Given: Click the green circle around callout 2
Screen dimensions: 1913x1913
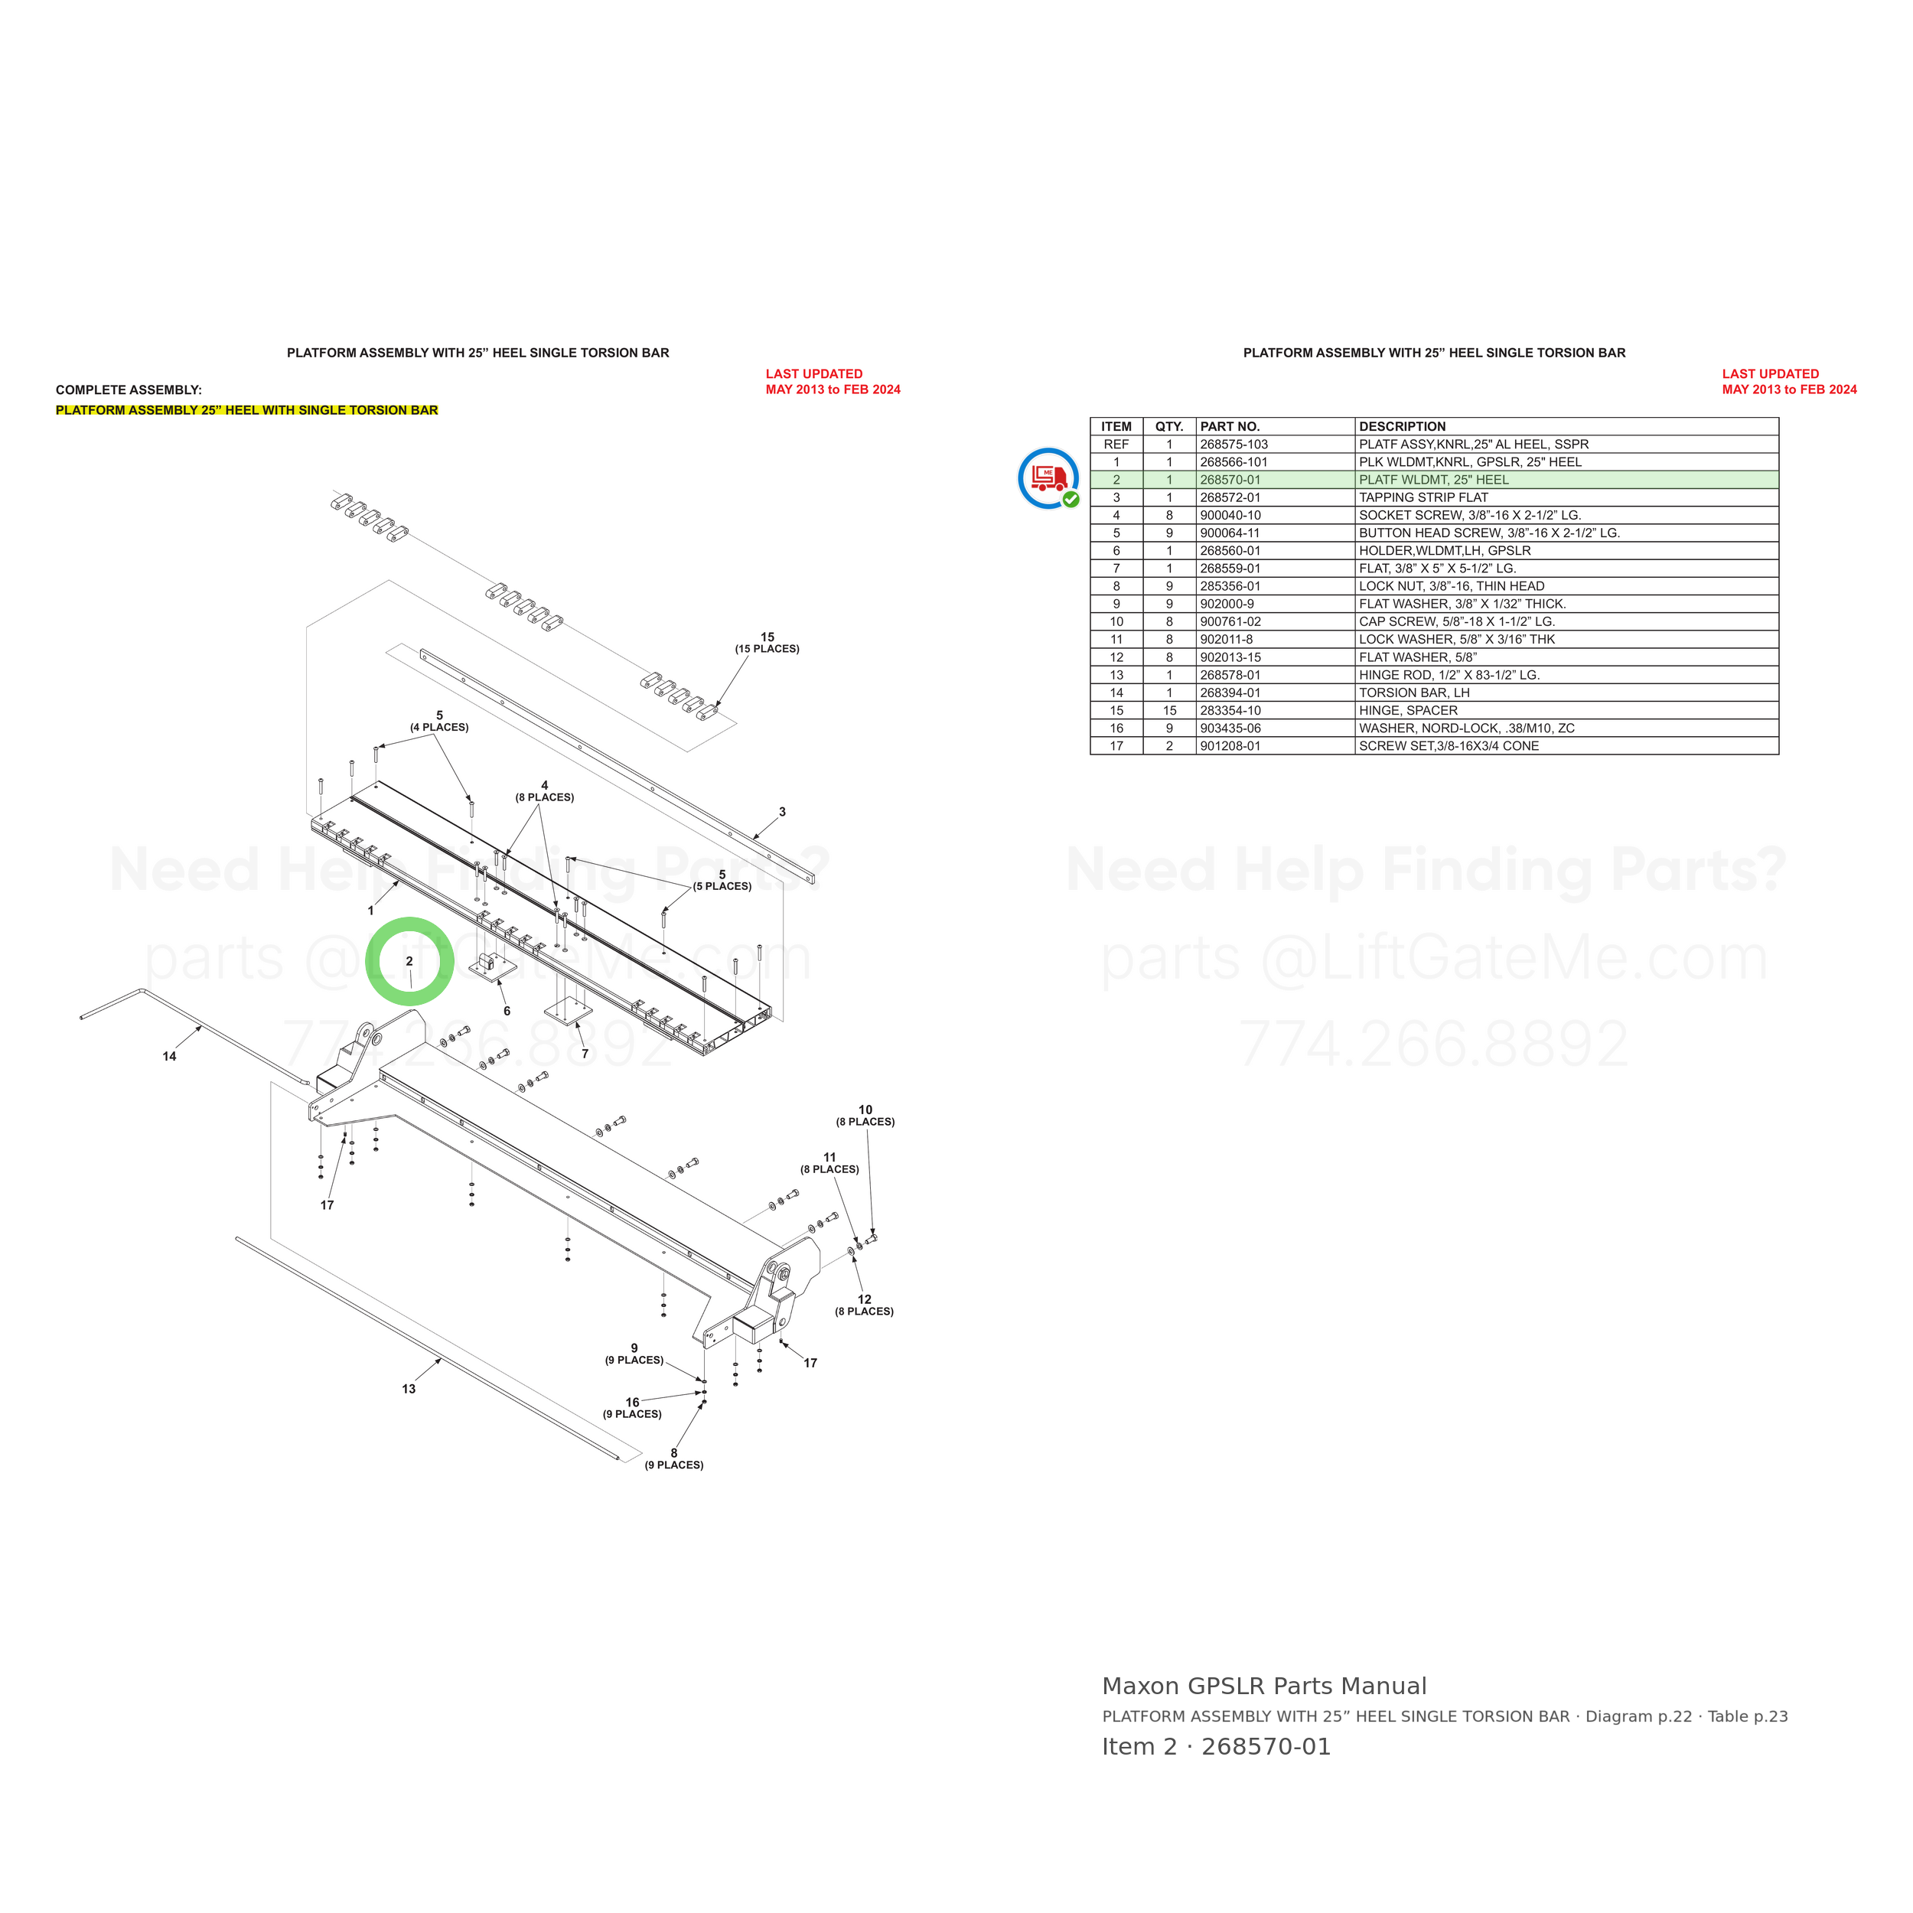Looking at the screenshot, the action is (410, 919).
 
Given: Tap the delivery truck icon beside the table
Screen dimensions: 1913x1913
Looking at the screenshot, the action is (1048, 479).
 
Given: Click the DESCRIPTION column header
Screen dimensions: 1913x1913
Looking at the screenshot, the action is (1402, 427).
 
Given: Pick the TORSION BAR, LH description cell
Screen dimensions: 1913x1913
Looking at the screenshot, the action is (1414, 693).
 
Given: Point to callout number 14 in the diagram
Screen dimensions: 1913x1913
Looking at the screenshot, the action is (169, 1057).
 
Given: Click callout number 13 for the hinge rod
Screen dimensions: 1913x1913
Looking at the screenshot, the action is (409, 1389).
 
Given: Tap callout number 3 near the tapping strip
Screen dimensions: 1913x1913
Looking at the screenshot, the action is (782, 812).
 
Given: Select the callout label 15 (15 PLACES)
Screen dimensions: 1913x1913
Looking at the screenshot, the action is (767, 643).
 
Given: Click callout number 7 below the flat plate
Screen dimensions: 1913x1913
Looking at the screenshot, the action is (585, 1054).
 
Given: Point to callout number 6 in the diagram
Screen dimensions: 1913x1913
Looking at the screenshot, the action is (507, 1011).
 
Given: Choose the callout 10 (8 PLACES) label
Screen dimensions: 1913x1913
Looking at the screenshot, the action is (865, 1116).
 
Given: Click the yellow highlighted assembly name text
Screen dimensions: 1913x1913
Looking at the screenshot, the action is (246, 410).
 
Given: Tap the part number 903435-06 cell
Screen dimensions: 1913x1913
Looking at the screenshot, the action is (1230, 728).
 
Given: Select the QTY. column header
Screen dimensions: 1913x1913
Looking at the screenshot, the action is (1169, 427).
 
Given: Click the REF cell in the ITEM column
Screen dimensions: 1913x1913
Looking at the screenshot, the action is (1116, 445).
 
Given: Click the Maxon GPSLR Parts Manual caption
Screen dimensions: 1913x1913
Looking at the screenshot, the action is (1264, 1687).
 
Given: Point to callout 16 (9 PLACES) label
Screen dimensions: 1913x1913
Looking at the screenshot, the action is (633, 1408).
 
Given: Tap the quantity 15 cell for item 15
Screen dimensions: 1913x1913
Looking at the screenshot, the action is (1169, 711).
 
